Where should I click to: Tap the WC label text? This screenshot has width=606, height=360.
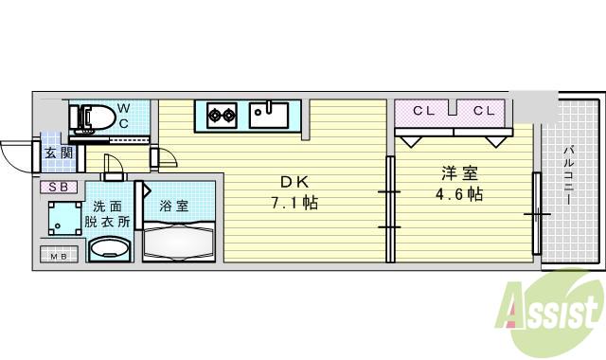pyautogui.click(x=124, y=117)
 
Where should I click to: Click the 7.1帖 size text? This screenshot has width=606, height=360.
pyautogui.click(x=295, y=202)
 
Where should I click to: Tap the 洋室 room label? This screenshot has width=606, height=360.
pyautogui.click(x=458, y=173)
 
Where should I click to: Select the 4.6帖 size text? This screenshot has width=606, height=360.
pyautogui.click(x=459, y=195)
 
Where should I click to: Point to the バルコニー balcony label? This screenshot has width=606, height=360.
pyautogui.click(x=572, y=181)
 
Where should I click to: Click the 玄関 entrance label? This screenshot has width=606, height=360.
pyautogui.click(x=56, y=153)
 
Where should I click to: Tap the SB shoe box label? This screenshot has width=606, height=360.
pyautogui.click(x=58, y=187)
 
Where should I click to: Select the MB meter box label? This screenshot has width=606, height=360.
pyautogui.click(x=58, y=255)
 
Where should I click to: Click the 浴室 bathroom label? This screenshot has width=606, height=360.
pyautogui.click(x=173, y=205)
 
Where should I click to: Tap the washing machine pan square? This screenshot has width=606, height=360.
pyautogui.click(x=62, y=221)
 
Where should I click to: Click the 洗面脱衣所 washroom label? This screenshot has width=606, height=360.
pyautogui.click(x=111, y=214)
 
